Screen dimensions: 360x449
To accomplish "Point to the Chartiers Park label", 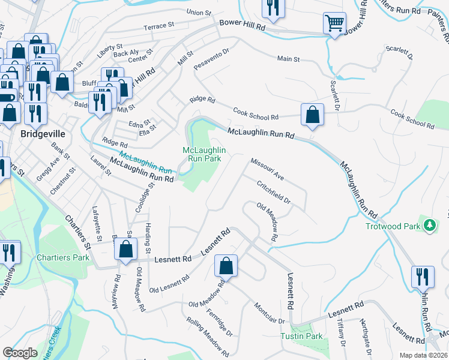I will point(63,257).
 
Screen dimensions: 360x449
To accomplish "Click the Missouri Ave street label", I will point(267,170).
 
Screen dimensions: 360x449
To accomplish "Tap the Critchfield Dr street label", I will point(274,193).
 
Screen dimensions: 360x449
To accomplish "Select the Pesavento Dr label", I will point(212,60).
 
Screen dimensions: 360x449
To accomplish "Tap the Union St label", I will point(199,12).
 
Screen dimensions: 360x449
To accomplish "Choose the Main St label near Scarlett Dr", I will point(288,59).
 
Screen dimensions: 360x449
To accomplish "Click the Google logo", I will point(20,353).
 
